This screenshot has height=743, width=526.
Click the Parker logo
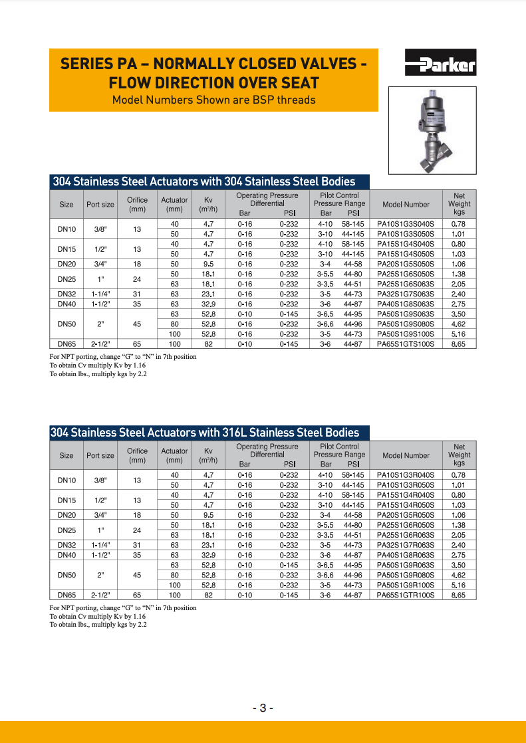click(440, 64)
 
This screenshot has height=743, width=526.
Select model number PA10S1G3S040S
click(405, 224)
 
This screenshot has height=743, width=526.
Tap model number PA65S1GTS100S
click(405, 344)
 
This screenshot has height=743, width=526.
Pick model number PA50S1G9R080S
click(405, 575)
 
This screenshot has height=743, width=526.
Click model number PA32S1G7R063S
click(405, 545)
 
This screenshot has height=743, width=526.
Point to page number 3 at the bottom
click(263, 708)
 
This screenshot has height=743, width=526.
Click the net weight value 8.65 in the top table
click(458, 344)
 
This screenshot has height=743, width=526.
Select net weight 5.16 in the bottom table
click(458, 585)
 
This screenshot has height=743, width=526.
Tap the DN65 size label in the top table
click(66, 344)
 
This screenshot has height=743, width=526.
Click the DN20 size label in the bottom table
click(66, 515)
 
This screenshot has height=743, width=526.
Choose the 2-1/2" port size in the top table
click(100, 344)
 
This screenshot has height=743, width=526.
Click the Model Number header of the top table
click(406, 205)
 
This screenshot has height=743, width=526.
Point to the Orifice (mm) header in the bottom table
click(137, 455)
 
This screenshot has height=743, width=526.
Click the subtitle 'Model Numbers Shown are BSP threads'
click(213, 100)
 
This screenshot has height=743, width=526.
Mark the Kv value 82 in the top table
click(208, 344)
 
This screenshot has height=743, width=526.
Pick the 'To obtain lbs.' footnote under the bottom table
click(98, 625)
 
